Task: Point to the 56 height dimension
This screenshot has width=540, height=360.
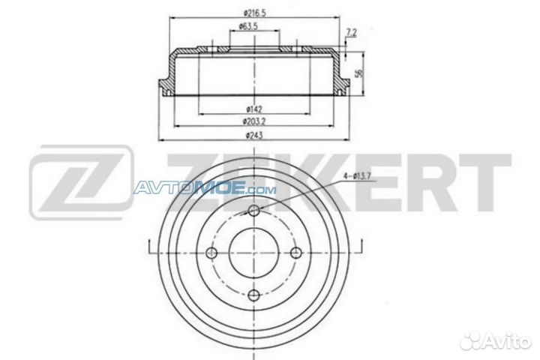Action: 359,73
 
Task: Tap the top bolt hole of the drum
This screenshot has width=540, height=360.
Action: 254,211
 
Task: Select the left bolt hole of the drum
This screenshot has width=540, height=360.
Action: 213,252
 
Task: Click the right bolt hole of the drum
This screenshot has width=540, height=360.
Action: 295,252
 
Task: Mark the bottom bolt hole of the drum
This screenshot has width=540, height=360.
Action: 254,293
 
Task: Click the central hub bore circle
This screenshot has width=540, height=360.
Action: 254,252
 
